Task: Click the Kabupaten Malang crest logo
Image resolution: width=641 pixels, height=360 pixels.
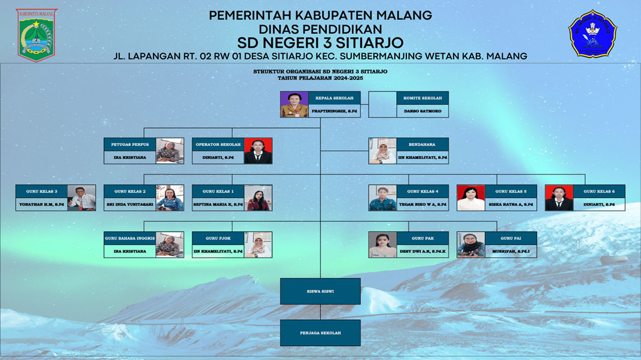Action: [x=37, y=34]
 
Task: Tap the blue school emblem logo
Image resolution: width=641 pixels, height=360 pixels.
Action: [x=592, y=34]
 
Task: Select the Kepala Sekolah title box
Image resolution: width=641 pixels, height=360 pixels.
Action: [x=334, y=98]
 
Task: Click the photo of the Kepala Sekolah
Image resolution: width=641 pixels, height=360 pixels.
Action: [x=294, y=105]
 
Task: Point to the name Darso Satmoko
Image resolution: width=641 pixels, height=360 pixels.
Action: [x=422, y=111]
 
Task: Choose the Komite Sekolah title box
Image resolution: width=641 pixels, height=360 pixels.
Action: [x=422, y=98]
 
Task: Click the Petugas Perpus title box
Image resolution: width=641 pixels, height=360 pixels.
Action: [x=130, y=144]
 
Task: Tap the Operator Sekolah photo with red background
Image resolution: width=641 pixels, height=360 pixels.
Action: [x=258, y=151]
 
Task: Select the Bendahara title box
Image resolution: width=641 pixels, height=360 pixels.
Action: [x=422, y=144]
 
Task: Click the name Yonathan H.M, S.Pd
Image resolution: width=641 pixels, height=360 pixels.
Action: [x=42, y=204]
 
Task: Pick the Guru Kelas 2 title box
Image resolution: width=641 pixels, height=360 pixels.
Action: [x=130, y=191]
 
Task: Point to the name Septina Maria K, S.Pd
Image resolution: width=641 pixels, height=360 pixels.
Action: [x=218, y=204]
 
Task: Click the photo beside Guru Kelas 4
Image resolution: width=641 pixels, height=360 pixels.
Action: [x=382, y=198]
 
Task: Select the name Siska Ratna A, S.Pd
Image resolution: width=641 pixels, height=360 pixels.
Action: [x=511, y=204]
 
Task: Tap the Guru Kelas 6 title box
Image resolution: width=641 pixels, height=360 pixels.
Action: [x=599, y=191]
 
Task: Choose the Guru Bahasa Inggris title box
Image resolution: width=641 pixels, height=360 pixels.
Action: [x=130, y=238]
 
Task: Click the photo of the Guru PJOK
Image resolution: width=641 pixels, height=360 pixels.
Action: [x=258, y=245]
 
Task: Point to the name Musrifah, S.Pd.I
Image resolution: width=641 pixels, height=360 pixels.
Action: [x=511, y=251]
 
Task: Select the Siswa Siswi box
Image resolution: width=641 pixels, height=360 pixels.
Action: [x=320, y=292]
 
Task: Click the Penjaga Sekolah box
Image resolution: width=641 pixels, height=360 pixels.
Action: [x=320, y=333]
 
